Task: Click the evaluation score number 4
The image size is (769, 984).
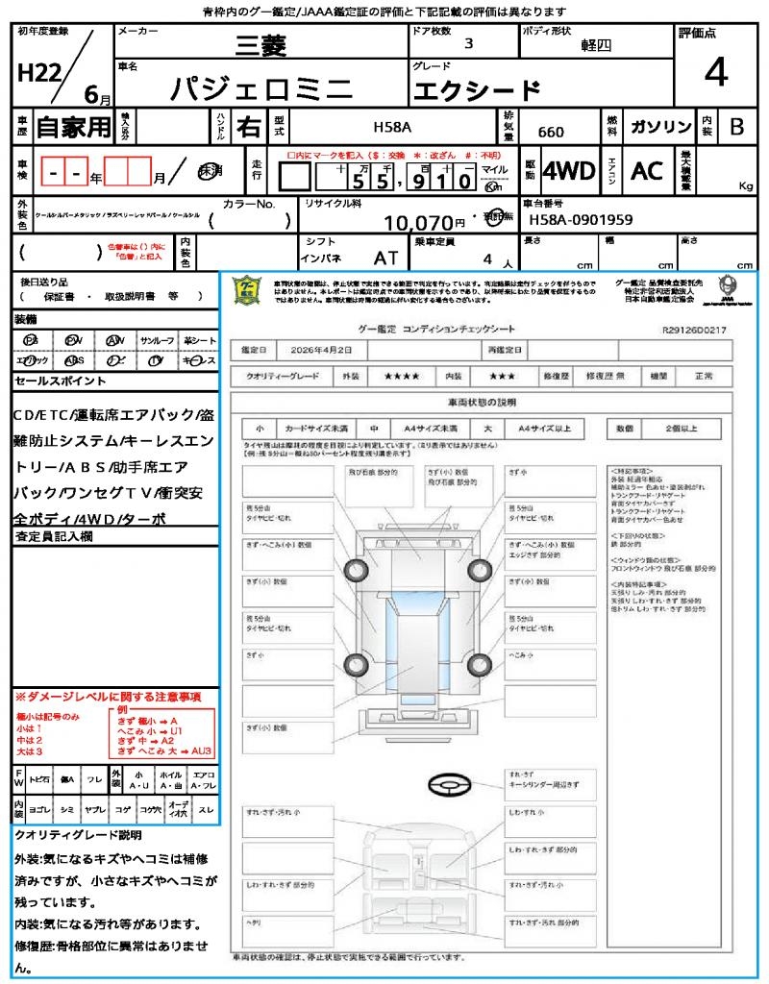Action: (715, 73)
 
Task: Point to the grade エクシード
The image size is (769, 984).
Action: (477, 90)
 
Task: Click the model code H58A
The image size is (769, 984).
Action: (391, 127)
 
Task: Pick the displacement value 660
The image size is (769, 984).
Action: (551, 133)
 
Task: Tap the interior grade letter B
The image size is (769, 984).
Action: (736, 127)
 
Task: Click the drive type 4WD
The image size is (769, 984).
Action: (568, 171)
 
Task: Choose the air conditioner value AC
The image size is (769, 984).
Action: (647, 171)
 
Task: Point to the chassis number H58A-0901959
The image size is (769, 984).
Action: (581, 220)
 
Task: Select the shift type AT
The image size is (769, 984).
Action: (386, 258)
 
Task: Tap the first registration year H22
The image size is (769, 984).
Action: (38, 73)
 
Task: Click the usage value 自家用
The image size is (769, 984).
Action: (74, 127)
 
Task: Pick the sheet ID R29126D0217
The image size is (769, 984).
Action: (694, 330)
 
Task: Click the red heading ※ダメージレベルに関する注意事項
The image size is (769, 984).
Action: (107, 696)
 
